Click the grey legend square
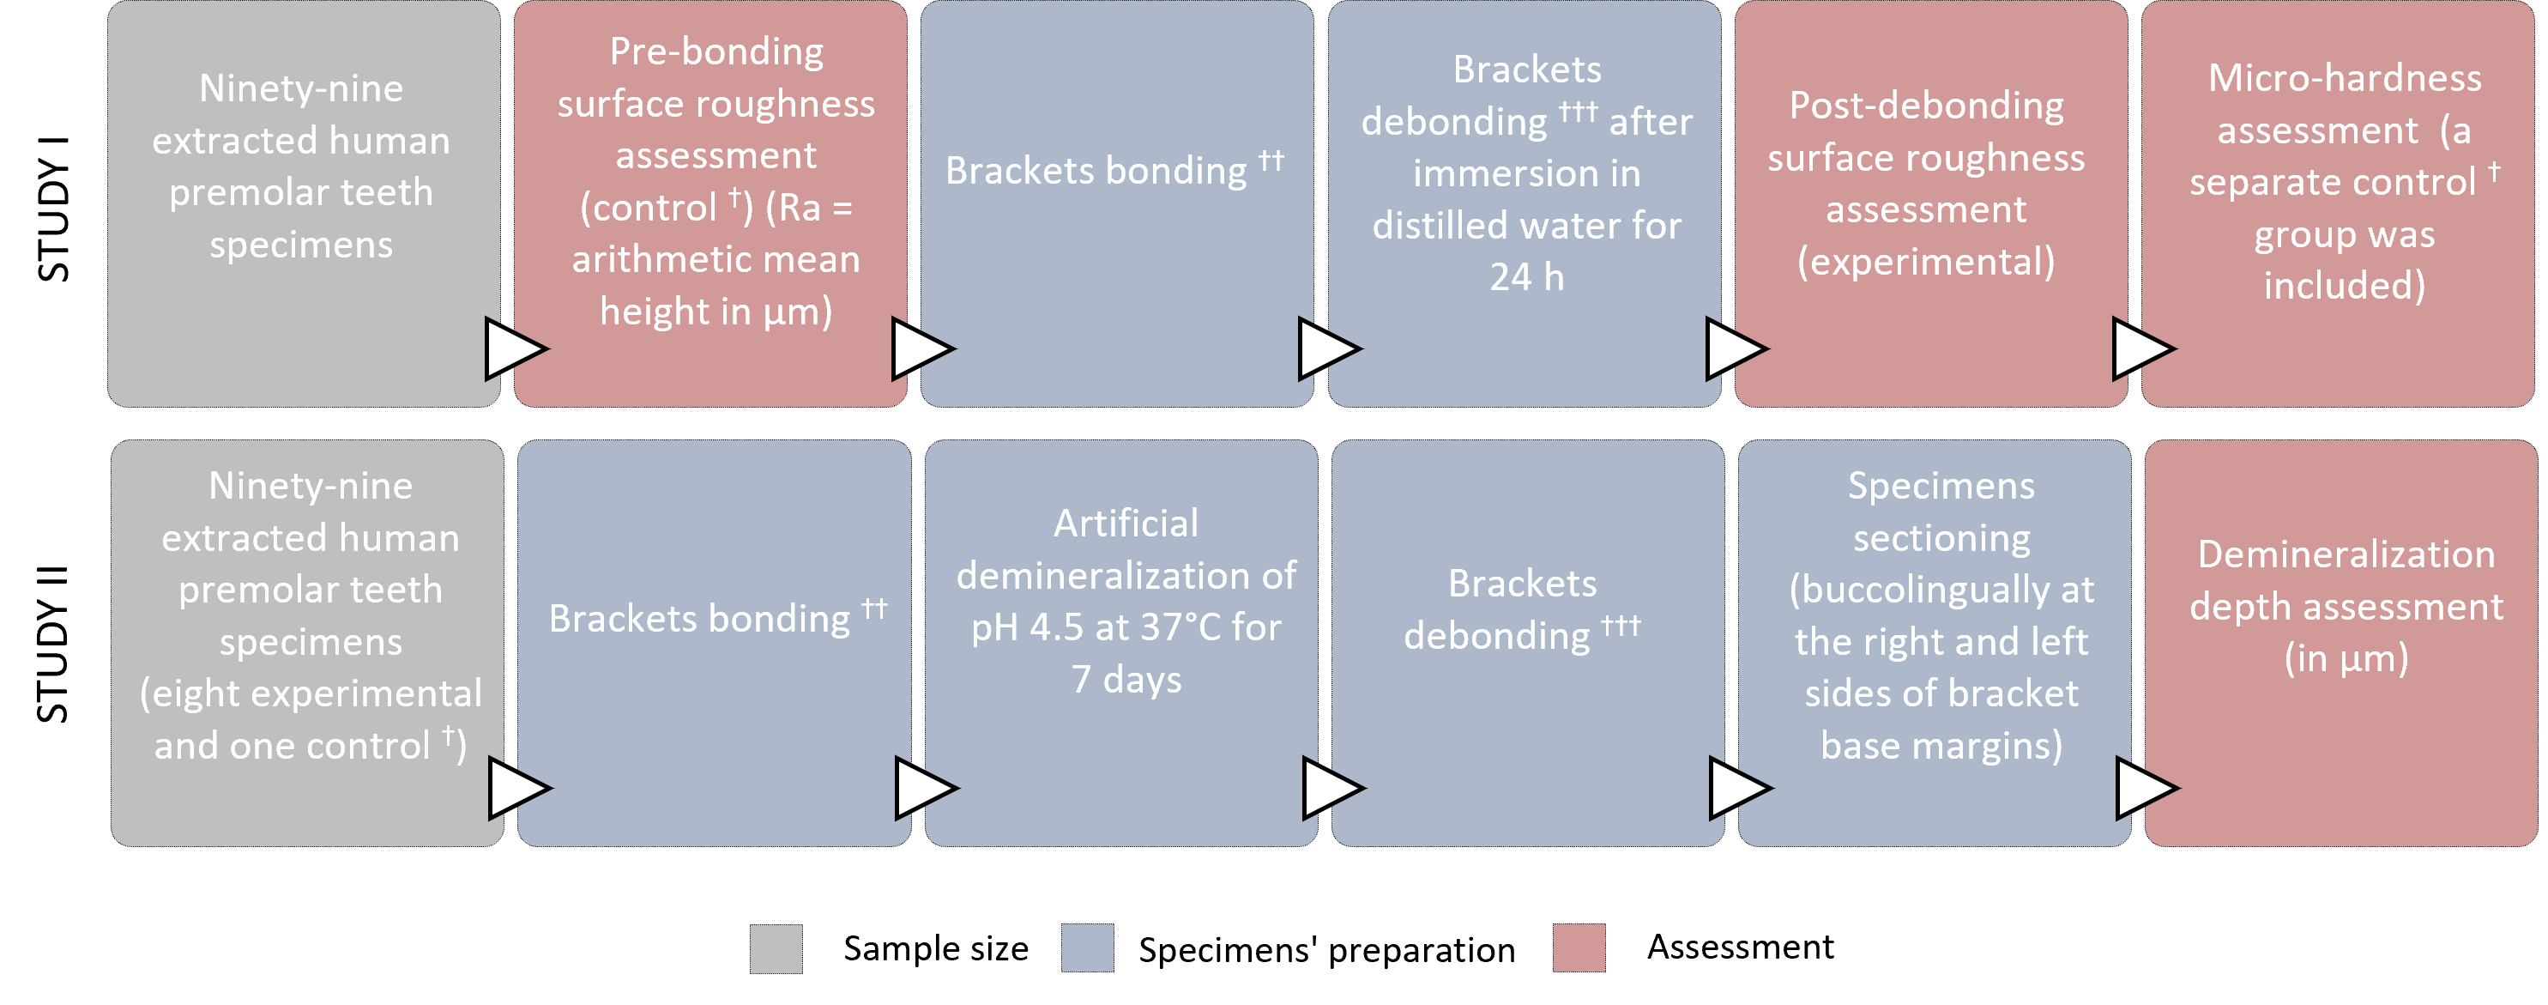click(776, 948)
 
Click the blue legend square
click(1087, 948)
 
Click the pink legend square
click(1579, 948)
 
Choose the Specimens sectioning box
click(1935, 643)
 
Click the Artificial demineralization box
click(1120, 643)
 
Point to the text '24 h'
click(1526, 278)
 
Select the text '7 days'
click(1126, 681)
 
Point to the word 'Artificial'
click(1126, 524)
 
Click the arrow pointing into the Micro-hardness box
click(2141, 348)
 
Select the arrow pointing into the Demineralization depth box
click(2146, 789)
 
